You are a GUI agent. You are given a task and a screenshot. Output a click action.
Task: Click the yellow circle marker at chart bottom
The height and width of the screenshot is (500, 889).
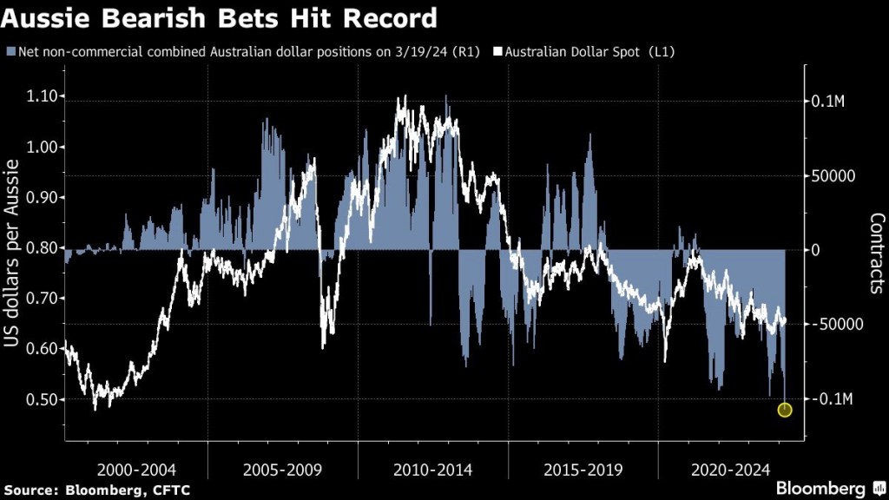click(785, 410)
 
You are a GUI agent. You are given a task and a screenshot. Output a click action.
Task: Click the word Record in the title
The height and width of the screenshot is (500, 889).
click(387, 19)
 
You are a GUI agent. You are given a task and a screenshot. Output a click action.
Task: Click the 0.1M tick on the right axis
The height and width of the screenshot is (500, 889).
click(827, 102)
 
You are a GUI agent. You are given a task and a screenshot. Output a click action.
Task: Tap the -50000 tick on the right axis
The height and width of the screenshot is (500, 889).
click(834, 325)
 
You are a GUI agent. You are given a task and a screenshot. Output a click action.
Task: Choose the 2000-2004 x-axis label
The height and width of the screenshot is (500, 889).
click(136, 470)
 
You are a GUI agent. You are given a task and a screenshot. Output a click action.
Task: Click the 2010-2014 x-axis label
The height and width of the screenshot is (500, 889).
click(433, 470)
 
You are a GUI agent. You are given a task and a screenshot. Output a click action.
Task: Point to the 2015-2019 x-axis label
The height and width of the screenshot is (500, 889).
click(583, 470)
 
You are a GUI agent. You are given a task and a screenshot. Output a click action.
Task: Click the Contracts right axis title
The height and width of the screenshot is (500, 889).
click(876, 253)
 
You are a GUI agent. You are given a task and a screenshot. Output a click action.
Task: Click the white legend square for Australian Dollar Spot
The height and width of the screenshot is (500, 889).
click(498, 52)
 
